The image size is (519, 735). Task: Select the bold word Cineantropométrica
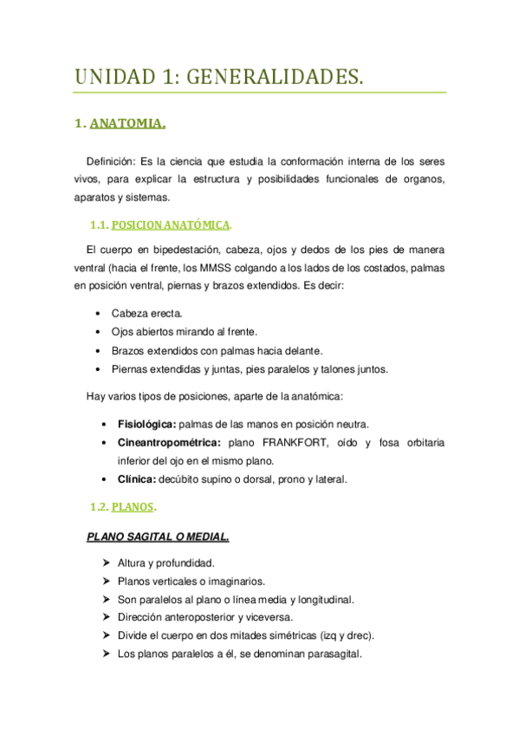[x=169, y=443]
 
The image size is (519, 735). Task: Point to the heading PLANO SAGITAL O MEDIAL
[x=158, y=537]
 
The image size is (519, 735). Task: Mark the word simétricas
[x=299, y=636]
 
